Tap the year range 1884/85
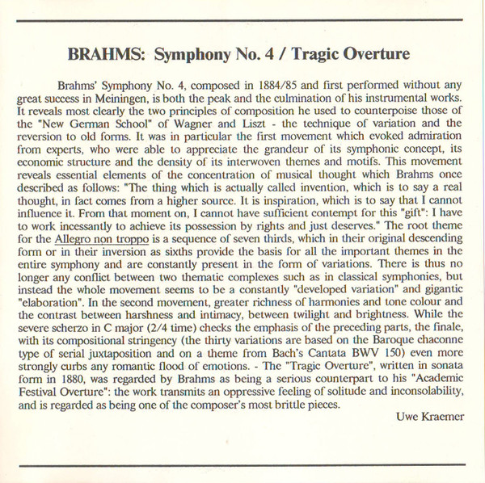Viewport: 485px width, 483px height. (278, 85)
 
